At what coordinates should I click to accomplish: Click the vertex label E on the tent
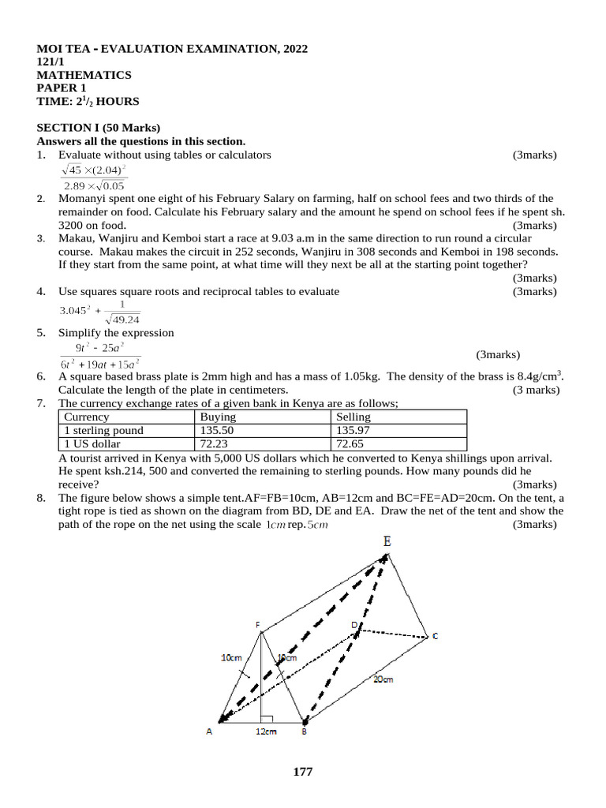387,541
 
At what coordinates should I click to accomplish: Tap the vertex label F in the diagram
257,625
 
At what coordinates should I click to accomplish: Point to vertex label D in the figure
354,625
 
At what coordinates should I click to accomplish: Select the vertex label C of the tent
435,636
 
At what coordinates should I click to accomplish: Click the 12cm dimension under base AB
265,732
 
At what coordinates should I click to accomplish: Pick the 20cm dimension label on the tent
383,679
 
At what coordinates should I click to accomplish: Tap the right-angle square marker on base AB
267,720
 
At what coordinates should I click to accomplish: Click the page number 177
303,772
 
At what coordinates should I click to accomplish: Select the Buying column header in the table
218,417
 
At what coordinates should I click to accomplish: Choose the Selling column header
353,417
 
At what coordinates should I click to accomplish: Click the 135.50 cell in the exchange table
217,431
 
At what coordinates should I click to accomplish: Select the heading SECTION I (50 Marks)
99,127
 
